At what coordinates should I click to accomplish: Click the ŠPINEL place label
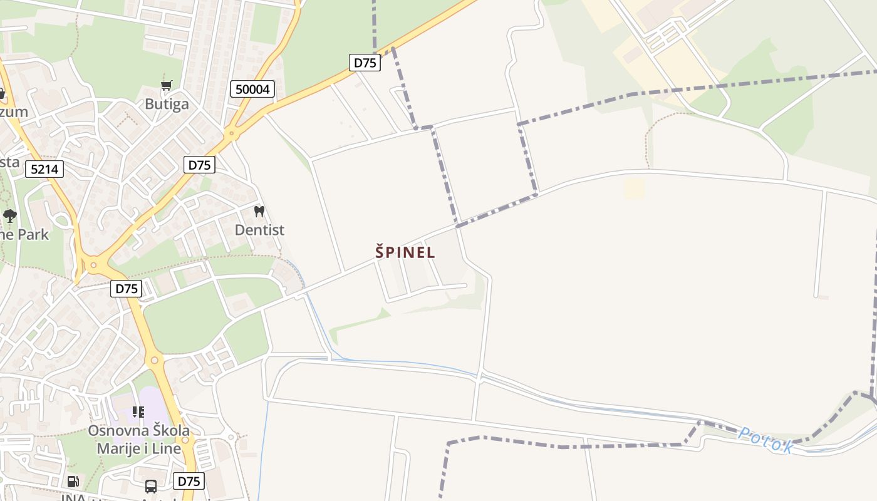(405, 252)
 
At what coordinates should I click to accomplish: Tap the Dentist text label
(259, 230)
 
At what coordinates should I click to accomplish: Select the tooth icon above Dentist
(259, 212)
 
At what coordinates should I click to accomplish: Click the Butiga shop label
(167, 104)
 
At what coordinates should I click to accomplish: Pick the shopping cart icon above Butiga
(167, 85)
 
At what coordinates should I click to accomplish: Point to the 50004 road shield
(253, 90)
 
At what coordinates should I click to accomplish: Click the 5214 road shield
(44, 168)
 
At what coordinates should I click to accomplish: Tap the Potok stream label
(765, 440)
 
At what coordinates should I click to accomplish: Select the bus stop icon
(151, 486)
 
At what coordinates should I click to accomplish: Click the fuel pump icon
(73, 482)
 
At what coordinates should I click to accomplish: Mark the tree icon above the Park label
(9, 216)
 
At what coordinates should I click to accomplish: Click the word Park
(33, 235)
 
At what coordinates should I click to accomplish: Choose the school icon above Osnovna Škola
(138, 412)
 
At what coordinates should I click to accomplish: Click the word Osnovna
(118, 431)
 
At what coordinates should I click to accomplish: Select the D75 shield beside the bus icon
(189, 481)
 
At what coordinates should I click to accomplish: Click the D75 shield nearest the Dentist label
(199, 165)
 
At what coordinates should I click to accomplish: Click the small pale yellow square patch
(634, 188)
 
